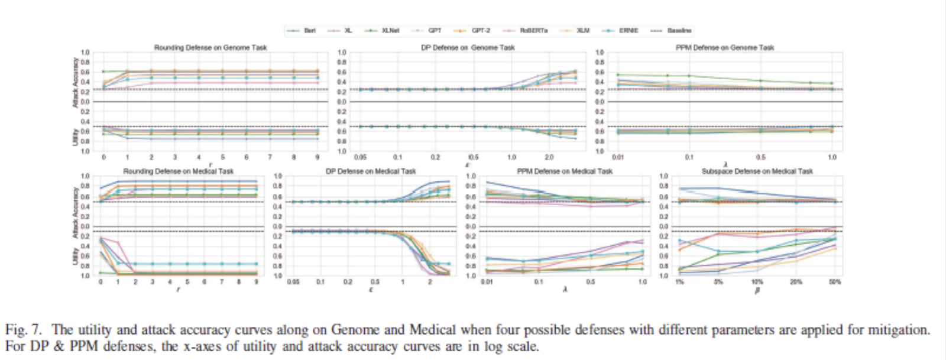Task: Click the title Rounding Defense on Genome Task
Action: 210,47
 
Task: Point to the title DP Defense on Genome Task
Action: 468,47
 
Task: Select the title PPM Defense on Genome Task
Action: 725,47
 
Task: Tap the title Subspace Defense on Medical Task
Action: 757,171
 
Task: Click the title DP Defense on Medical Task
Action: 371,171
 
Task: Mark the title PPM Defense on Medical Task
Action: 565,171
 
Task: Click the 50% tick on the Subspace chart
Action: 834,282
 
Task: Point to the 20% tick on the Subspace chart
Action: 796,282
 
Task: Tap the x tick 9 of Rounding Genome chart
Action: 318,157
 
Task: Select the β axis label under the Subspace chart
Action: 757,290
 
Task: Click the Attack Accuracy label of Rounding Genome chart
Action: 75,82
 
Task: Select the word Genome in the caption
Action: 355,329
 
